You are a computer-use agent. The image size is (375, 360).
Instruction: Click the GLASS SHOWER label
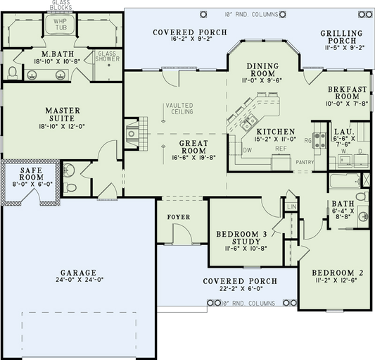tap(107, 56)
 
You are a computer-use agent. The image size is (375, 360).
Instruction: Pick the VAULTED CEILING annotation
tap(179, 109)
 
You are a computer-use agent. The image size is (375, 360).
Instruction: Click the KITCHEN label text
tap(274, 132)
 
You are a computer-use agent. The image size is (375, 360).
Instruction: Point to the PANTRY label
tap(304, 162)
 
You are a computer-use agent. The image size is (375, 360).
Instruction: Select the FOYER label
tap(177, 217)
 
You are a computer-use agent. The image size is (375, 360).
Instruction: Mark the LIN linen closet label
tap(291, 206)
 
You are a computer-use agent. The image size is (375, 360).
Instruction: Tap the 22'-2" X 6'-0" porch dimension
tap(240, 290)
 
